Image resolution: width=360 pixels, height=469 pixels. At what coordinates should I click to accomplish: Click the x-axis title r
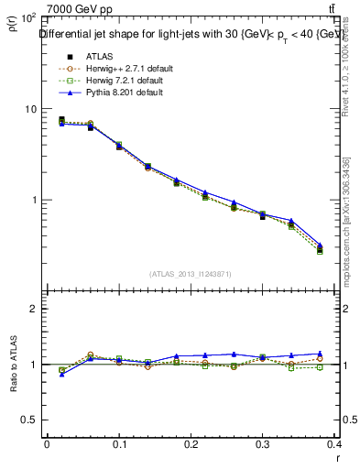point(336,454)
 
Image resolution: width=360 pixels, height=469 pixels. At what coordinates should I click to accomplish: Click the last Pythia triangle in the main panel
point(320,245)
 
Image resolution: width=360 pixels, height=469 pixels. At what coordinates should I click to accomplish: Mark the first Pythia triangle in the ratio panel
point(61,374)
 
